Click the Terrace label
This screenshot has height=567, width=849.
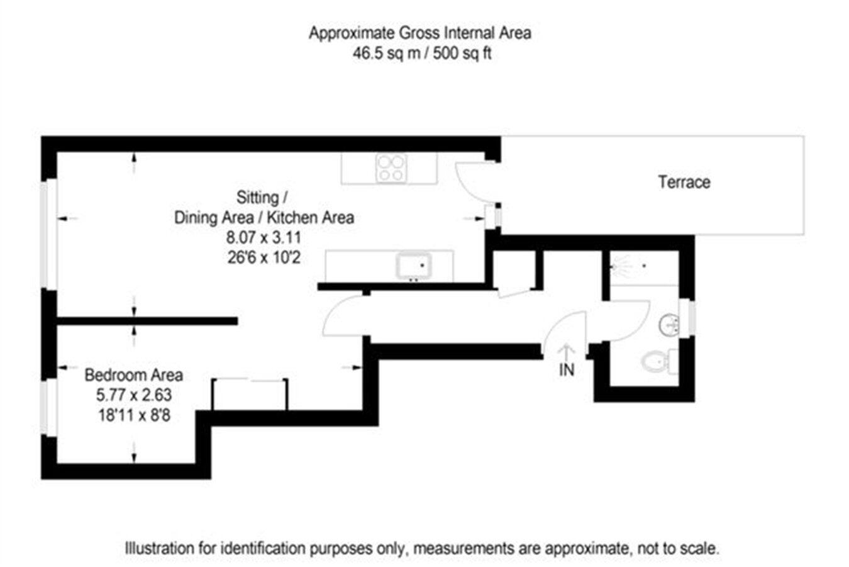(684, 182)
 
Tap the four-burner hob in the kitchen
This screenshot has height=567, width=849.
(391, 168)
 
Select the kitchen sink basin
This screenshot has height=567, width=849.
(413, 265)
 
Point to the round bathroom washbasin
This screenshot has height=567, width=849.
(669, 325)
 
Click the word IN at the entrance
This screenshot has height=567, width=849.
(567, 370)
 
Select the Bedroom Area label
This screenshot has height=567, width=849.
(133, 375)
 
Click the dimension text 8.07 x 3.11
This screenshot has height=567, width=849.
(264, 238)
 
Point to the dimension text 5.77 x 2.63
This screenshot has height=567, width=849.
(133, 395)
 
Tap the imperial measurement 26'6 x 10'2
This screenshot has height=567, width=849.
(264, 257)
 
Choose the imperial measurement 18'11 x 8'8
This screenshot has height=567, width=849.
(133, 415)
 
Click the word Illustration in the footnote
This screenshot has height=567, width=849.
(159, 548)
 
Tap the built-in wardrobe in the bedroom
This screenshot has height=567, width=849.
(250, 393)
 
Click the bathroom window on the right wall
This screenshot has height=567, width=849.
(691, 318)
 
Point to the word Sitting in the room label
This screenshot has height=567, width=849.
(258, 198)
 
